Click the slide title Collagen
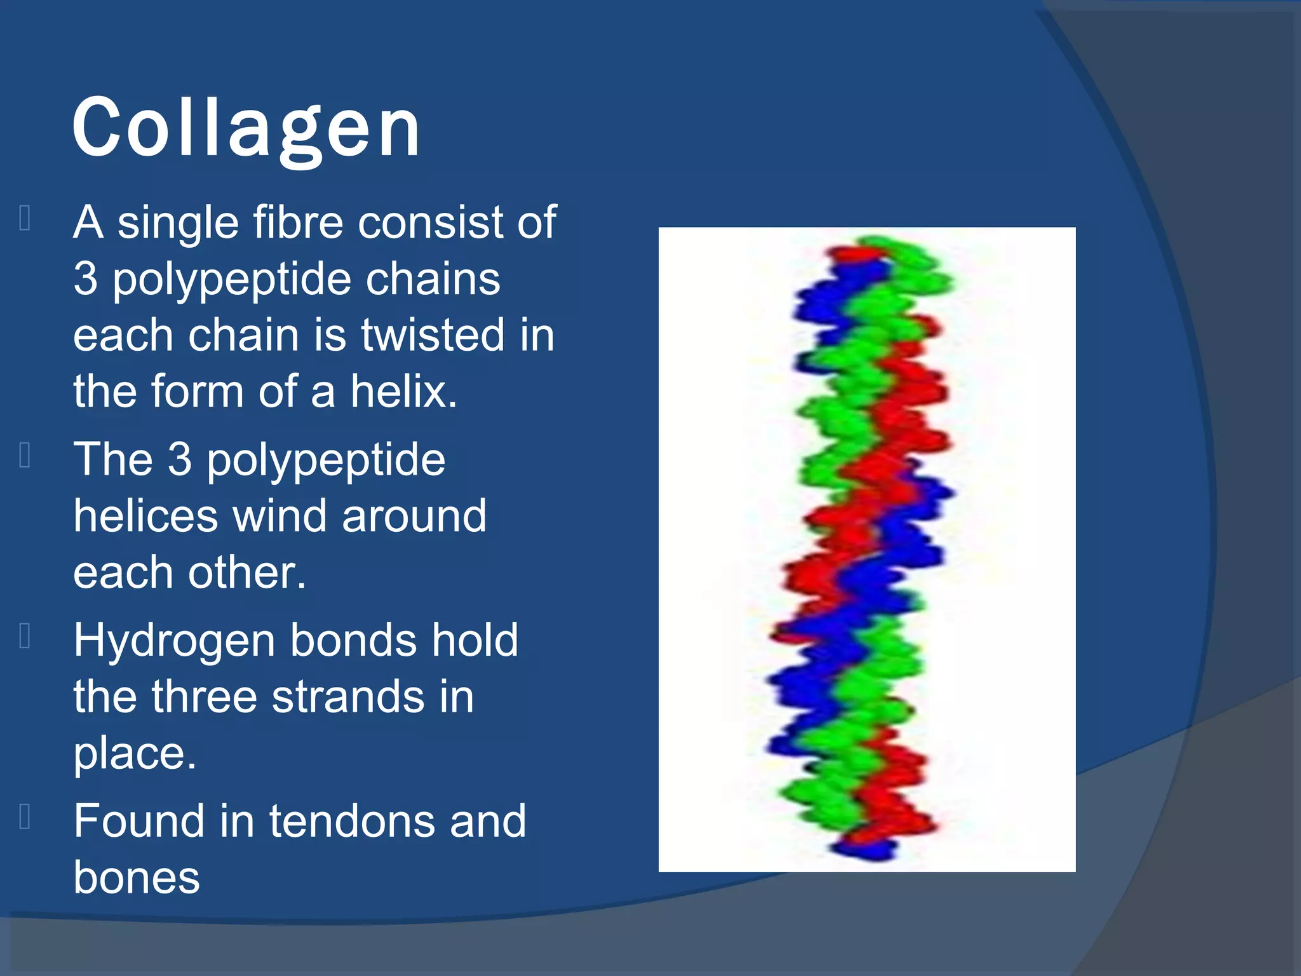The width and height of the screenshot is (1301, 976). tap(246, 129)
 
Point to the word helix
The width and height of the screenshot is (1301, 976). tap(403, 391)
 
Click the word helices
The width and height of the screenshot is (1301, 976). tap(145, 516)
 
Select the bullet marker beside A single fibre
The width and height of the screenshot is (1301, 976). tap(25, 219)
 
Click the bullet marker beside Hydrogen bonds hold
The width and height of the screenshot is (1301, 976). tap(25, 636)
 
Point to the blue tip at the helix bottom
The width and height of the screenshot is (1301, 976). tap(864, 849)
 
